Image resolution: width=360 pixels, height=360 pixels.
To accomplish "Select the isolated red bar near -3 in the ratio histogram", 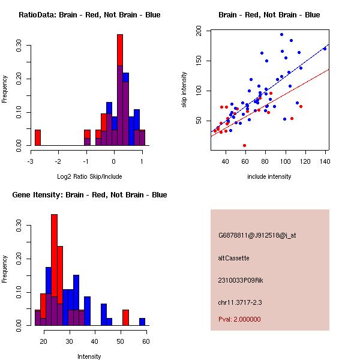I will pyautogui.click(x=38, y=137).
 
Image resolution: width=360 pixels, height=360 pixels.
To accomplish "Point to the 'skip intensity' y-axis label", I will pyautogui.click(x=184, y=90).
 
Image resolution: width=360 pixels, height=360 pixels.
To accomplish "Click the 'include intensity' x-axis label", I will pyautogui.click(x=269, y=176).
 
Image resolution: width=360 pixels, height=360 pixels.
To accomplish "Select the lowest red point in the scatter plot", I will pyautogui.click(x=244, y=145).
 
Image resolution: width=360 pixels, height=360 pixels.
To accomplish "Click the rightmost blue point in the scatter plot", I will pyautogui.click(x=325, y=49).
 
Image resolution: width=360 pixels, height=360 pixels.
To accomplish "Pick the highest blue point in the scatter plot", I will pyautogui.click(x=281, y=34).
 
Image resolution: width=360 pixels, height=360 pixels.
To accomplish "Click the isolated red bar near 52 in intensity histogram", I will pyautogui.click(x=125, y=317).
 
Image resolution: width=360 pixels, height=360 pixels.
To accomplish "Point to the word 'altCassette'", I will pyautogui.click(x=233, y=258).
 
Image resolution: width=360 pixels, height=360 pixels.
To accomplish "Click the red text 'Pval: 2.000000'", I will pyautogui.click(x=239, y=319).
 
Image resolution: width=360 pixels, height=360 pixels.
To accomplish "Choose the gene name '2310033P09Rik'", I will pyautogui.click(x=241, y=280).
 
